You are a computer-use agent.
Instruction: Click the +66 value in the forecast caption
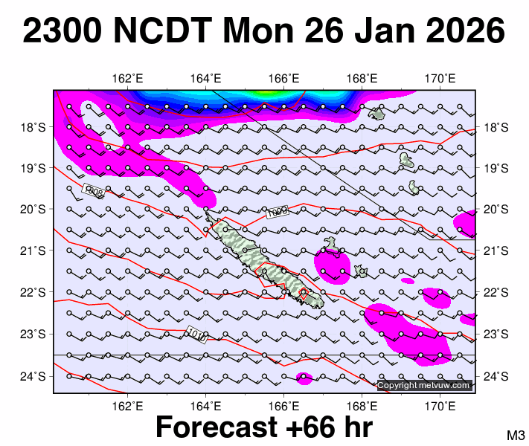pyautogui.click(x=312, y=427)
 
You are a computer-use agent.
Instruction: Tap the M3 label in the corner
pyautogui.click(x=516, y=435)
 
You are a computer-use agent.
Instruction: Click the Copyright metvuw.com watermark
pyautogui.click(x=424, y=385)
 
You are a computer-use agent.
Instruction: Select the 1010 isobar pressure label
pyautogui.click(x=197, y=333)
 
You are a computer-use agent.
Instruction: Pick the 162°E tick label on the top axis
pyautogui.click(x=128, y=79)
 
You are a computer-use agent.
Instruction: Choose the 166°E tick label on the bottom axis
pyautogui.click(x=284, y=406)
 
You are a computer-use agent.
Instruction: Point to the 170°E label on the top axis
pyautogui.click(x=440, y=79)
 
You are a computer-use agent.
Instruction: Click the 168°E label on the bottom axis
pyautogui.click(x=362, y=406)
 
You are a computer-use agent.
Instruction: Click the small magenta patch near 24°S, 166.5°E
pyautogui.click(x=304, y=378)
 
